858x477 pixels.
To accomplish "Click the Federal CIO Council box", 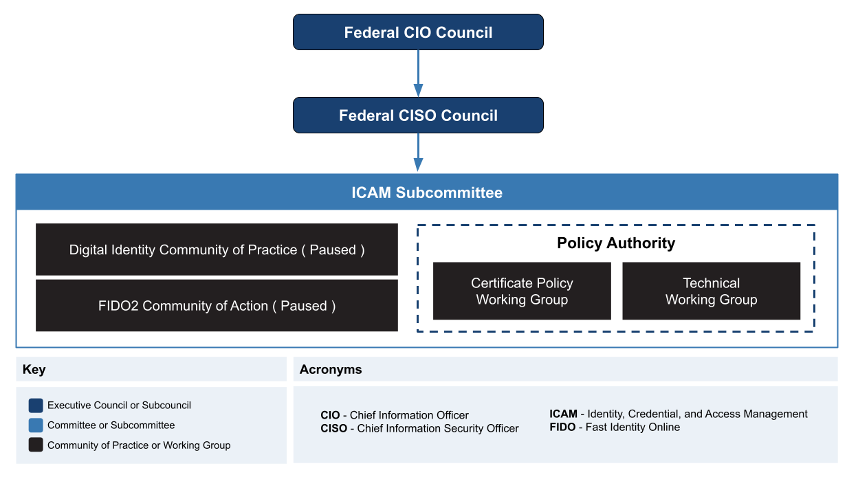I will click(x=418, y=32).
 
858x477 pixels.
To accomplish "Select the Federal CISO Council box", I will click(x=418, y=115).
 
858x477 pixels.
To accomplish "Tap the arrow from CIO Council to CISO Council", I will click(x=418, y=74).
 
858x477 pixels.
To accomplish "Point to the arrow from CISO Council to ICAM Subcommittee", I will click(x=418, y=153).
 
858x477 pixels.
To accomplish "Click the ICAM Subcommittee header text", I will click(x=427, y=192).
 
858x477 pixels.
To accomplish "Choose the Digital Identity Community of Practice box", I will click(x=217, y=249).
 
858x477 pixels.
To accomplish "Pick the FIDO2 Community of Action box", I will click(x=217, y=306).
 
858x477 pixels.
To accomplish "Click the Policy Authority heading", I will click(x=616, y=243).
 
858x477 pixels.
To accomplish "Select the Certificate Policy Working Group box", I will click(x=522, y=291).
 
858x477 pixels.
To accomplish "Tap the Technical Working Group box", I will click(x=711, y=291).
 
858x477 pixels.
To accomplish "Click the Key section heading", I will click(x=34, y=370).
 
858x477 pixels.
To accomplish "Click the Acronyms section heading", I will click(x=331, y=370).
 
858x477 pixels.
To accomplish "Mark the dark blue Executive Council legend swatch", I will click(x=36, y=406).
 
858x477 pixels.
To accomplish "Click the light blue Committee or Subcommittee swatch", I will click(x=36, y=425).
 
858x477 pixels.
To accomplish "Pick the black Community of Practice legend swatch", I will click(x=36, y=445).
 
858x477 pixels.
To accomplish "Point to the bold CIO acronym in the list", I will click(x=330, y=415).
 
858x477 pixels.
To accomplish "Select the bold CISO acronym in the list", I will click(x=334, y=428).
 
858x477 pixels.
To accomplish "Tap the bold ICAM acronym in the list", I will click(x=563, y=414).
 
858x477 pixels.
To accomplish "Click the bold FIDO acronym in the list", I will click(x=562, y=427).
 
